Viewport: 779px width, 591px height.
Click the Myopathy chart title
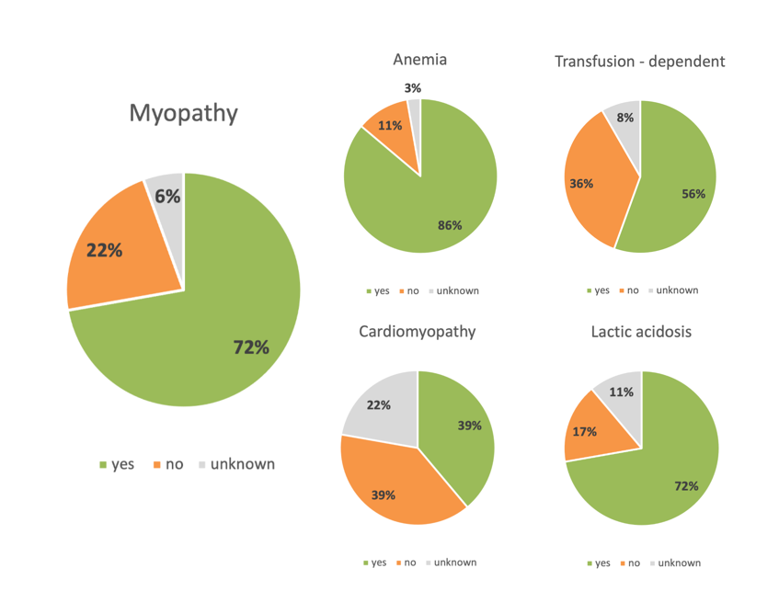click(x=183, y=113)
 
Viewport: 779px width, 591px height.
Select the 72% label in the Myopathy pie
click(x=249, y=347)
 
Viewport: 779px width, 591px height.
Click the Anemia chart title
click(x=419, y=61)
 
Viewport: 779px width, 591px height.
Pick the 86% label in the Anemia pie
click(x=450, y=225)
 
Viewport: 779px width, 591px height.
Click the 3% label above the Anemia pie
click(x=413, y=88)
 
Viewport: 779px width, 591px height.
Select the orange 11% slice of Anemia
click(x=390, y=127)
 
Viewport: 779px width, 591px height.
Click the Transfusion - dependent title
click(x=640, y=62)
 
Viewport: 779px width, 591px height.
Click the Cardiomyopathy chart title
click(x=418, y=331)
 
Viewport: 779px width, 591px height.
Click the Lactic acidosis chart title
click(x=641, y=331)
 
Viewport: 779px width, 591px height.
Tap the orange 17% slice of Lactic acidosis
click(x=590, y=430)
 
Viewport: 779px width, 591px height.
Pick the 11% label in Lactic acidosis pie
click(x=622, y=392)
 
